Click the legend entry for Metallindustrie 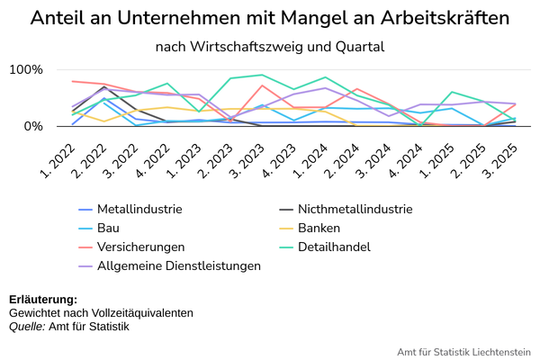point(130,209)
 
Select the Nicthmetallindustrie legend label point(346,209)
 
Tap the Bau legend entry point(99,228)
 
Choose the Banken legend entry point(310,228)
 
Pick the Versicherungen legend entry point(131,247)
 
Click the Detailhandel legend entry point(325,247)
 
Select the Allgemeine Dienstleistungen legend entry point(169,266)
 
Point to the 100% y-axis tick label point(26,69)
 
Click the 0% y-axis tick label point(33,126)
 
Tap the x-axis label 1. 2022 point(58,160)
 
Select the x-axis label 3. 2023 point(247,160)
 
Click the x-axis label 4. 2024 point(406,160)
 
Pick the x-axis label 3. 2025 point(500,160)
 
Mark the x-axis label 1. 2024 point(311,160)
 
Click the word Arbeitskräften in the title point(445,18)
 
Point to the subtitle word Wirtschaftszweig point(245,47)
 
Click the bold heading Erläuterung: point(43,300)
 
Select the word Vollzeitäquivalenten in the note point(142,313)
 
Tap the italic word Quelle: point(27,327)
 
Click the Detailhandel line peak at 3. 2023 point(262,75)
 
